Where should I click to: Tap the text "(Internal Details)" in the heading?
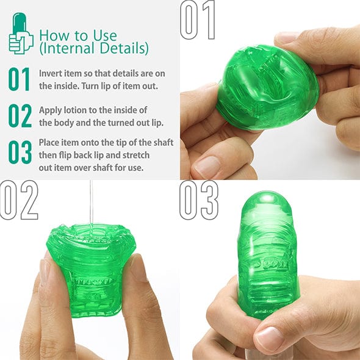pos(93,48)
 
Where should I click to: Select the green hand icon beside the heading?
pos(21,35)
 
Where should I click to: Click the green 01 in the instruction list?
pos(19,79)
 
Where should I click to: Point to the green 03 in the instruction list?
pos(19,154)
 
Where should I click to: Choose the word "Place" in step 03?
pos(51,143)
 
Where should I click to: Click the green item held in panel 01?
pos(265,92)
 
